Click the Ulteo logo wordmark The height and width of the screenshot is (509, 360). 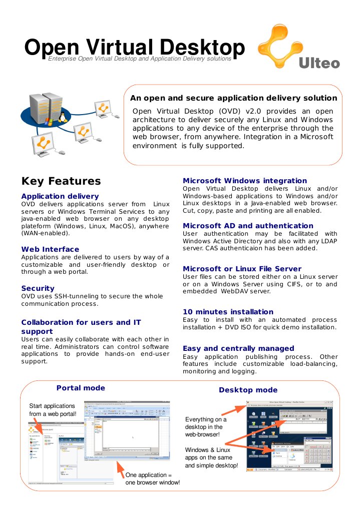click(x=319, y=64)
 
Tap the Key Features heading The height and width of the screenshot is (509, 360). click(x=61, y=181)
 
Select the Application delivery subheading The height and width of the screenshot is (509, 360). click(x=60, y=196)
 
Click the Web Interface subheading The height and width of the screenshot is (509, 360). click(x=50, y=249)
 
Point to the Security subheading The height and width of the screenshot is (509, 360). click(x=38, y=288)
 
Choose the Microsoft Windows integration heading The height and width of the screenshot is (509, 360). click(x=245, y=181)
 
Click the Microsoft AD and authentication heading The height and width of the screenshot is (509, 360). click(x=248, y=226)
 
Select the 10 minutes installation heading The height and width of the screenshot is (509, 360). click(x=228, y=312)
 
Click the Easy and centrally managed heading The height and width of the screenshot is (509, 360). click(x=238, y=348)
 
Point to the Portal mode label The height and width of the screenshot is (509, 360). click(x=81, y=388)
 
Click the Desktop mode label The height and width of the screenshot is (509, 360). click(x=248, y=390)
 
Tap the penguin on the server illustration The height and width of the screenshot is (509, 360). click(x=63, y=117)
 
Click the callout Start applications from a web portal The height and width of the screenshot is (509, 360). click(x=53, y=410)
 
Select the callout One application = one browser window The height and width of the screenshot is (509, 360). click(x=152, y=478)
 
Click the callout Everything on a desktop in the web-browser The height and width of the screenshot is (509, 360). click(x=206, y=427)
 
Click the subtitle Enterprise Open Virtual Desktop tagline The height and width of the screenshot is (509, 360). click(x=140, y=59)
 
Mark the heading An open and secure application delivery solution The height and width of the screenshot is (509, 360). click(x=233, y=98)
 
